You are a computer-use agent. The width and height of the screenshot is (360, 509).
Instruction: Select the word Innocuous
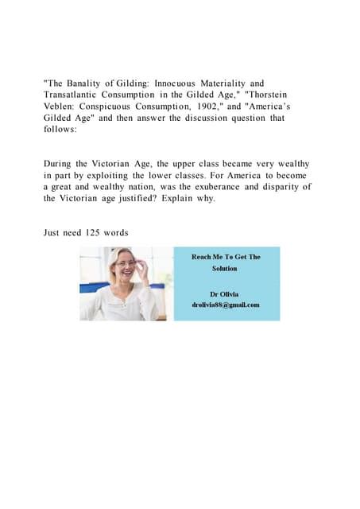[179, 83]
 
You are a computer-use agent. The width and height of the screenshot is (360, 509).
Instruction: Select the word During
[60, 163]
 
